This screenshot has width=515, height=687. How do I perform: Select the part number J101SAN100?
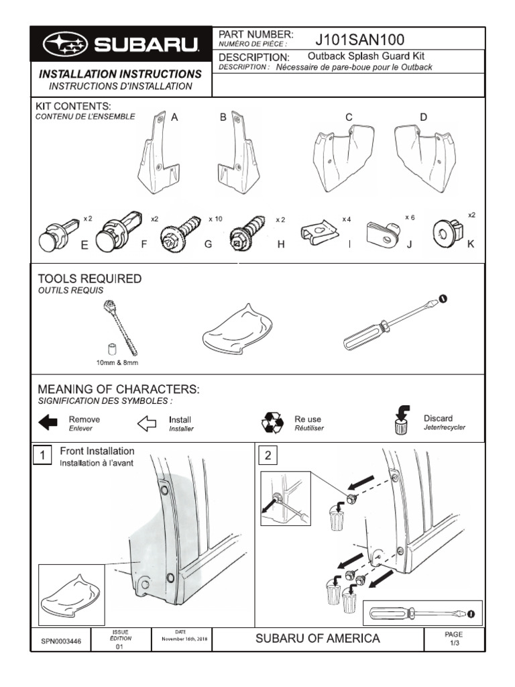[359, 40]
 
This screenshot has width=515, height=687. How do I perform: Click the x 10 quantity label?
[215, 219]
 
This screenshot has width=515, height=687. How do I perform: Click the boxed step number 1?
[42, 456]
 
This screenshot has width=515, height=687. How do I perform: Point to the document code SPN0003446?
[61, 641]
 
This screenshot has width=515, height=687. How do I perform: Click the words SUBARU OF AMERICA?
[317, 638]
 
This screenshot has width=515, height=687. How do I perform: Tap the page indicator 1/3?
[454, 642]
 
